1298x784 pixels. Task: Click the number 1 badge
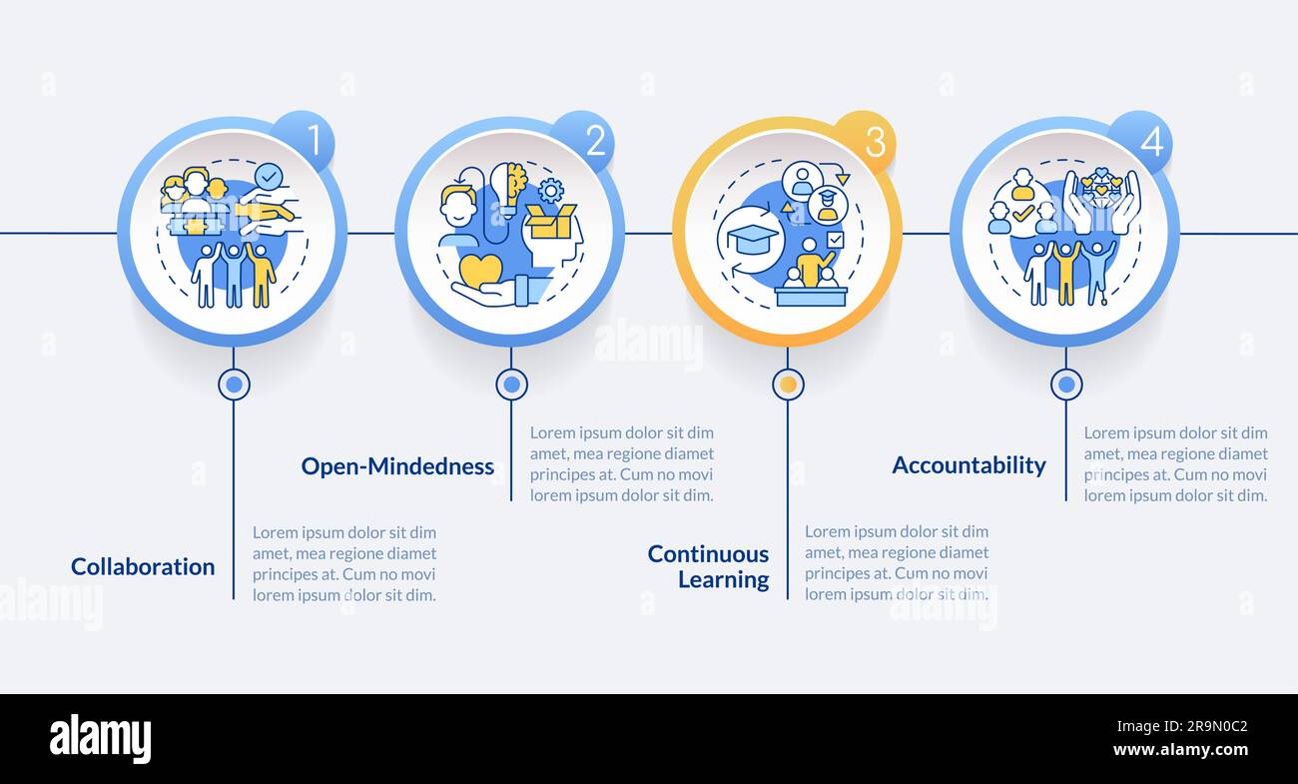(x=305, y=141)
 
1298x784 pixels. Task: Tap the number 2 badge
(x=583, y=141)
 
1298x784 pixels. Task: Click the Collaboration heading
(x=143, y=566)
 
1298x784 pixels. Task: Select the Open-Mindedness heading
(x=397, y=465)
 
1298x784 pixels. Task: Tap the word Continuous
(x=708, y=554)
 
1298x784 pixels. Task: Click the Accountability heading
(x=969, y=464)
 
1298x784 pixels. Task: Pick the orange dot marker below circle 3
(x=788, y=385)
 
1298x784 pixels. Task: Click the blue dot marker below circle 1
(x=234, y=385)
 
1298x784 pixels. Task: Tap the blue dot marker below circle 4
(x=1066, y=385)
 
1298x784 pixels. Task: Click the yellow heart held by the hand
(x=480, y=270)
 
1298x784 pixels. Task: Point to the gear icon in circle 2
(x=550, y=190)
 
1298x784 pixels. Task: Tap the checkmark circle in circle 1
(x=269, y=177)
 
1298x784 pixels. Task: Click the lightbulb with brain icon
(x=508, y=189)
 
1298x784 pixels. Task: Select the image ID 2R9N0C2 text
(x=1182, y=726)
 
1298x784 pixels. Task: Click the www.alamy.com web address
(x=1180, y=750)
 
